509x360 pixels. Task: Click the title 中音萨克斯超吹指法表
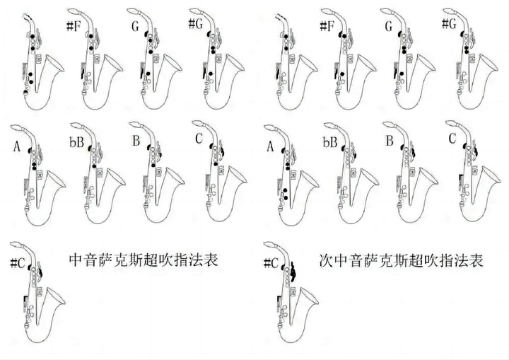pos(144,260)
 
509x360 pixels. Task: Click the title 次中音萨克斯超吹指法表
pos(402,260)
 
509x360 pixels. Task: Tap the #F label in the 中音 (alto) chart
pos(74,25)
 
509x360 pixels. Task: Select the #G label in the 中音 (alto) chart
pos(196,24)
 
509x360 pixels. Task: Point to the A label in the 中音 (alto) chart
pos(17,147)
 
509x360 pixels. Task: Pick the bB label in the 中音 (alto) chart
pos(76,141)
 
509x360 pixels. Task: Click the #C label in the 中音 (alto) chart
pos(18,263)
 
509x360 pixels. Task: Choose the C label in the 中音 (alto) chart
pos(199,139)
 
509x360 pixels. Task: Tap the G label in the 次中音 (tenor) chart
pos(389,26)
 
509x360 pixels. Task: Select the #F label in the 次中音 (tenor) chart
pos(327,26)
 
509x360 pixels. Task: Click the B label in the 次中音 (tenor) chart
pos(390,141)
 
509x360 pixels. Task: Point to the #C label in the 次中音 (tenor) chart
pos(271,263)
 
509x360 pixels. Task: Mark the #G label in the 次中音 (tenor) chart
pos(450,24)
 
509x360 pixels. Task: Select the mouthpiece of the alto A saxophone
pos(17,128)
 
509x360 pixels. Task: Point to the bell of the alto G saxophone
pos(171,64)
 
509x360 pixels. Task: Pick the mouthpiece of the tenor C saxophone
pos(452,124)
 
